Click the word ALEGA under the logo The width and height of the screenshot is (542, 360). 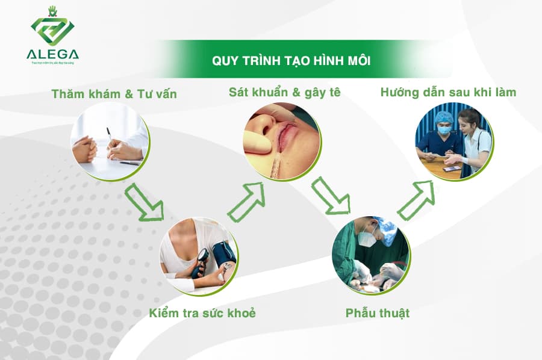pos(52,54)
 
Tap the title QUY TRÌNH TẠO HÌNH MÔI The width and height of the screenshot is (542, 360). pos(291,61)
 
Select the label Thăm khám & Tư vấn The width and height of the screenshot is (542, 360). pos(114,94)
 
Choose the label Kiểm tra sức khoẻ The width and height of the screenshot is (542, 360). pos(202,313)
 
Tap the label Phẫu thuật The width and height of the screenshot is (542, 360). pos(378,313)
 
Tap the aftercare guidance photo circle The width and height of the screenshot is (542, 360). pos(454,142)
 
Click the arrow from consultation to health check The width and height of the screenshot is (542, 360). pos(145,202)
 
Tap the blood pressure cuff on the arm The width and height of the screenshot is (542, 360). pos(223,253)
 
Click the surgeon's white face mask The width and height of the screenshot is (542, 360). pos(366,238)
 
